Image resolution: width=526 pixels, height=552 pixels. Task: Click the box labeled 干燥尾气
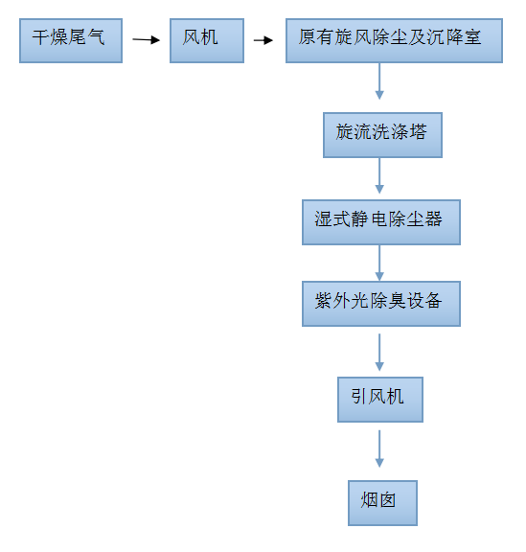(x=71, y=41)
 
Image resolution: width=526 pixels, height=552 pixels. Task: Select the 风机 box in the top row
(x=207, y=41)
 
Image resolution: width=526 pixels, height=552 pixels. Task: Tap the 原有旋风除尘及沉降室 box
(x=394, y=41)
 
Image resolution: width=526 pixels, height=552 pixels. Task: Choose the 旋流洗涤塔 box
(x=382, y=135)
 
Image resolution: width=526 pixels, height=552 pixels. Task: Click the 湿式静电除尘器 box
(x=381, y=222)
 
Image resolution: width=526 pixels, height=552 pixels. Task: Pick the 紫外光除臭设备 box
(x=381, y=304)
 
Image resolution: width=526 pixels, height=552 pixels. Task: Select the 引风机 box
(x=380, y=400)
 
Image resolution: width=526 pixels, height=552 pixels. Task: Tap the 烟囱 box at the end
(x=382, y=503)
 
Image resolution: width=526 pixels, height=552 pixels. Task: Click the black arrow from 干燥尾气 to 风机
(x=146, y=40)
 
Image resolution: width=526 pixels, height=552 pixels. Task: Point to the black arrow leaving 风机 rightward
(x=263, y=40)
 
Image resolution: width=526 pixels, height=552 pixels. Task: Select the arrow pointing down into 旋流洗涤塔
(x=379, y=81)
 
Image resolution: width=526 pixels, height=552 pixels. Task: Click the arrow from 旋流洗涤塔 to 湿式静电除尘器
(x=379, y=175)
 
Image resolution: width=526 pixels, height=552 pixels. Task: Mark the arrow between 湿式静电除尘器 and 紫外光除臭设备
(x=379, y=263)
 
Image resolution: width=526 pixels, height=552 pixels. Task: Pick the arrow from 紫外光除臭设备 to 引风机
(x=379, y=353)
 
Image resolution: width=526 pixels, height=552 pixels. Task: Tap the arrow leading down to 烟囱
(x=379, y=448)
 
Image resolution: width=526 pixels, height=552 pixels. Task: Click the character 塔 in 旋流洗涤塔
(x=418, y=132)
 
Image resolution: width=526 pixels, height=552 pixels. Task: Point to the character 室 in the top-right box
(x=472, y=37)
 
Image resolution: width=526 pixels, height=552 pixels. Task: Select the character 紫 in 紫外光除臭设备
(x=323, y=301)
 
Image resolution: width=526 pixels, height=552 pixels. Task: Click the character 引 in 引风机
(x=358, y=397)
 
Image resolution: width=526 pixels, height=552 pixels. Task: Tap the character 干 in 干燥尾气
(x=41, y=37)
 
